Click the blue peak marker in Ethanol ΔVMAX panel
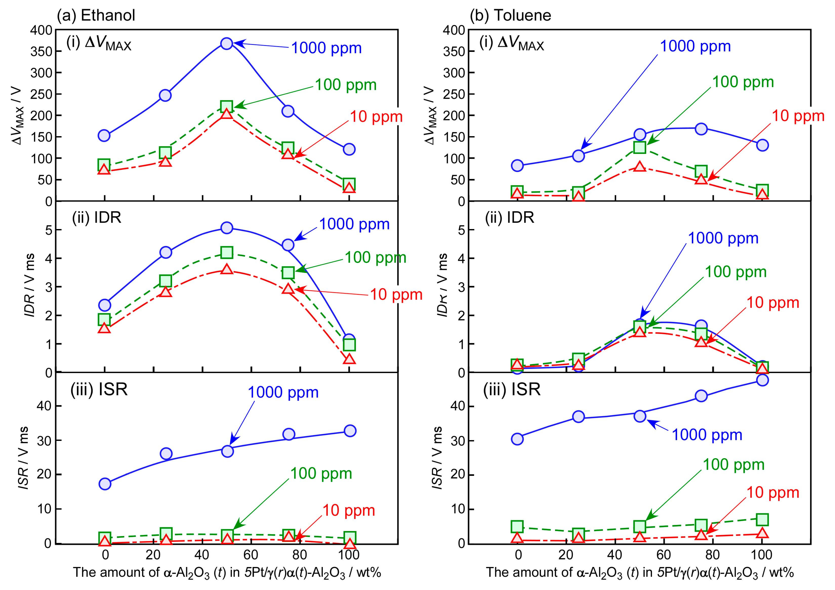[x=227, y=44]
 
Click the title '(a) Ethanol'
[x=96, y=15]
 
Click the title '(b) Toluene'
[x=510, y=15]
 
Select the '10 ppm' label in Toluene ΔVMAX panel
[x=798, y=116]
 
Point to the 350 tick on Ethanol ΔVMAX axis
[x=41, y=52]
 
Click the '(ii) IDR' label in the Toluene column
[x=510, y=217]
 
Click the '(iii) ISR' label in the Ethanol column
[x=99, y=390]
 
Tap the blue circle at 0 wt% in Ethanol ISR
[x=105, y=484]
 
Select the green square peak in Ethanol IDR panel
[x=227, y=252]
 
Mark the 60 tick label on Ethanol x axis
[x=251, y=555]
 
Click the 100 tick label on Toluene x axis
[x=762, y=555]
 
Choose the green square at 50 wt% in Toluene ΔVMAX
[x=640, y=147]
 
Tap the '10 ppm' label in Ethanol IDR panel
[x=396, y=295]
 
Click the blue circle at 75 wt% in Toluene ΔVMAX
[x=701, y=129]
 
